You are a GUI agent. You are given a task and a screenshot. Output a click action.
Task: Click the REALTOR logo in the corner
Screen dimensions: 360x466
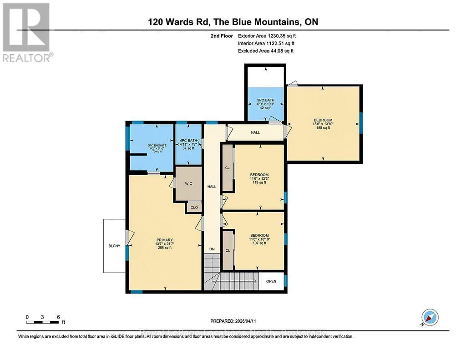[x=27, y=32]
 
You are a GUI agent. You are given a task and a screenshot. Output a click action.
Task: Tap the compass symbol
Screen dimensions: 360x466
[x=430, y=317]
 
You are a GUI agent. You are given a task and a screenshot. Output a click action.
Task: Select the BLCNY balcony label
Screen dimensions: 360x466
[x=114, y=246]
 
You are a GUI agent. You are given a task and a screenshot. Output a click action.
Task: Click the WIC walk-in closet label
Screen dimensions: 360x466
[x=188, y=184]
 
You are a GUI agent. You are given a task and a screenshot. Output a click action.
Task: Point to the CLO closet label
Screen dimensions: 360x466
[x=194, y=208]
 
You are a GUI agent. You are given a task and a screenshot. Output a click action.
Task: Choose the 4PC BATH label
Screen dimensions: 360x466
[x=188, y=140]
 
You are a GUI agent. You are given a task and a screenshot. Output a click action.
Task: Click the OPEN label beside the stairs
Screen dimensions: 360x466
[x=271, y=281]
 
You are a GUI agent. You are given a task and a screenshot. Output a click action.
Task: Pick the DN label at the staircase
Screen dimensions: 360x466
[x=212, y=249]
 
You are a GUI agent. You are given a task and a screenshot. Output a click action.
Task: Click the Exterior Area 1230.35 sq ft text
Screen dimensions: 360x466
[x=270, y=35]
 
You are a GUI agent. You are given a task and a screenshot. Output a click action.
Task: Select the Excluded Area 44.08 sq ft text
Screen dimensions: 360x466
[x=266, y=51]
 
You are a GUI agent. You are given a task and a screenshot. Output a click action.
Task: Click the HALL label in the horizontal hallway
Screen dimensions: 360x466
[x=255, y=132]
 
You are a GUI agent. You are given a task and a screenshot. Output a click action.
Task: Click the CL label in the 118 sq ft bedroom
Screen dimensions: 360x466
[x=228, y=167]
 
